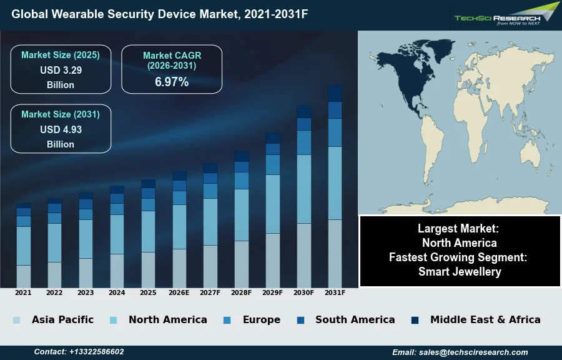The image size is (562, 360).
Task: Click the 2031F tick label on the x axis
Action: (x=335, y=292)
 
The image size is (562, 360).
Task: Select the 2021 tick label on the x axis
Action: (x=23, y=292)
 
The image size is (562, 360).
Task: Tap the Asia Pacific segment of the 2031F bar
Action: (x=335, y=253)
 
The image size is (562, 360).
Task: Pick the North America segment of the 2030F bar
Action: (x=304, y=189)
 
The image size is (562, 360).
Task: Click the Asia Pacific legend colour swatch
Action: (x=16, y=320)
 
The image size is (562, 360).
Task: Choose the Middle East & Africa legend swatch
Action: (x=415, y=320)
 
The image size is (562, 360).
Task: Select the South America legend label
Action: (x=355, y=319)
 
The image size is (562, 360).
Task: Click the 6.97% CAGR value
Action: (x=172, y=82)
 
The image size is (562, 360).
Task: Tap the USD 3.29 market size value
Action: (x=61, y=70)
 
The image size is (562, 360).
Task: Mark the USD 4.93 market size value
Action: (x=61, y=129)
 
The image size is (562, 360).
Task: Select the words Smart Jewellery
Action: (x=460, y=271)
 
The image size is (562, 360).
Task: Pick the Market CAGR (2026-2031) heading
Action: (x=172, y=60)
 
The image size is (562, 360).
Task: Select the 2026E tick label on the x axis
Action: (x=179, y=292)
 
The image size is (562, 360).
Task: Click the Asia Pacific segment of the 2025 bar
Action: (x=148, y=269)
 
